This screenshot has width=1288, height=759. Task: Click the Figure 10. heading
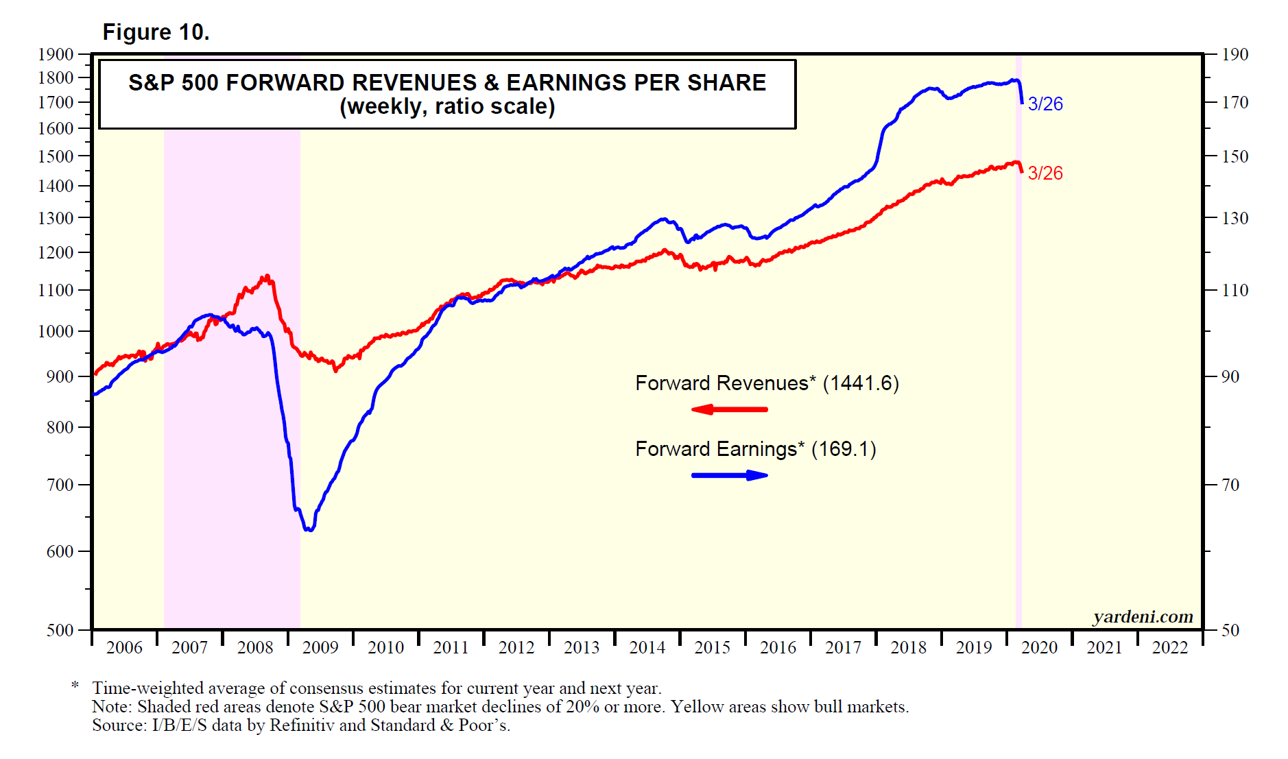[156, 32]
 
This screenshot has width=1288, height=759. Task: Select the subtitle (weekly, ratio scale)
[447, 107]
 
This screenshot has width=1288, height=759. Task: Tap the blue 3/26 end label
[1045, 104]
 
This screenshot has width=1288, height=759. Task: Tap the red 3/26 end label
[1045, 173]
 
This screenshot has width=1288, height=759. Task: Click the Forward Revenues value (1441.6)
[861, 383]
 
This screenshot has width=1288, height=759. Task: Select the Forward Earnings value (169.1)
[844, 449]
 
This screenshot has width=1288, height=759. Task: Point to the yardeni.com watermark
[1143, 617]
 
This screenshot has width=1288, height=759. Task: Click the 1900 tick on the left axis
[56, 55]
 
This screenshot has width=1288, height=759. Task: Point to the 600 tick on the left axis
[60, 551]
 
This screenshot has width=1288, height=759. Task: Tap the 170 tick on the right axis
[1235, 103]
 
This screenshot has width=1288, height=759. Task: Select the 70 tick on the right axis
[1231, 485]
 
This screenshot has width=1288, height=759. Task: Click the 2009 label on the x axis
[320, 647]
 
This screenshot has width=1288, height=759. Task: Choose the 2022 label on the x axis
[1170, 647]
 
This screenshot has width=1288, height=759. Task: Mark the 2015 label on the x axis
[713, 647]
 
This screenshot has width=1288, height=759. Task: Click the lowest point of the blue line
[310, 530]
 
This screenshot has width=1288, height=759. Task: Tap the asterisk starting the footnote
[75, 686]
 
